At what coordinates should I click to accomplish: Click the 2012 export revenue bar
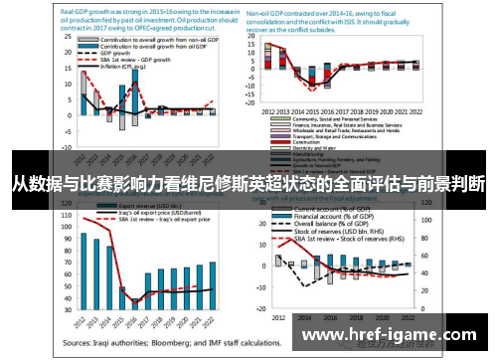83,270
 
